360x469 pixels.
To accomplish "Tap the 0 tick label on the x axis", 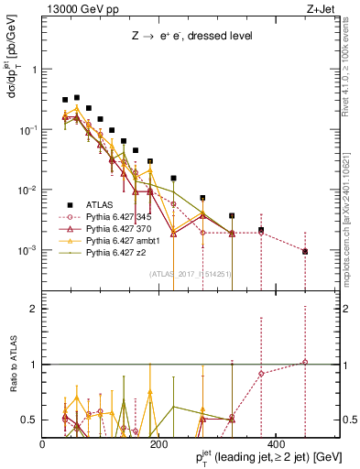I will click(43, 444).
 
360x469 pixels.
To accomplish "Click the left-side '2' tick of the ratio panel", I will click(35, 309).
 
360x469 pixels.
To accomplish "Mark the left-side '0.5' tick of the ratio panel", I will click(31, 420).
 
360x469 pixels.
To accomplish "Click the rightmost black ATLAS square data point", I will click(305, 251).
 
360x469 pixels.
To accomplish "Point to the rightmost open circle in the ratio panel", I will click(305, 363).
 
